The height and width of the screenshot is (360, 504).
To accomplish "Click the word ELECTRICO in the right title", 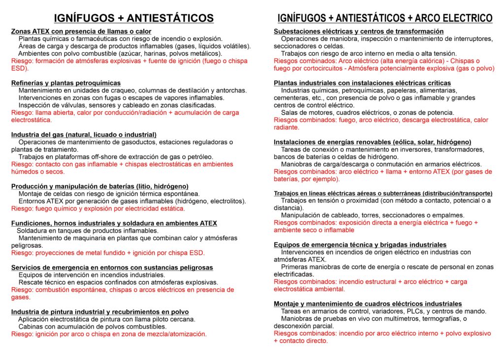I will [x=464, y=18].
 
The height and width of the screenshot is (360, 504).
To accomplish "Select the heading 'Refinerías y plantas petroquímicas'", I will [x=65, y=83].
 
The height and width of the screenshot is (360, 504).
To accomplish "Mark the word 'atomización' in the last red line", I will [x=187, y=334].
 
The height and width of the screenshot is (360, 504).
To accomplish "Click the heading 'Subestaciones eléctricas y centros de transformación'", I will [x=358, y=31].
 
